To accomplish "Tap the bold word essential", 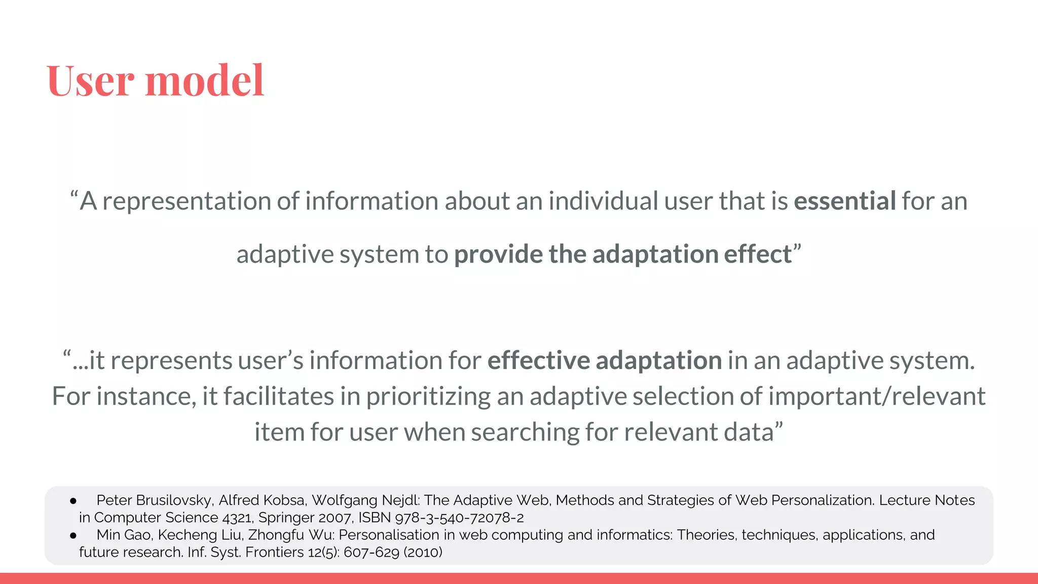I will click(844, 201).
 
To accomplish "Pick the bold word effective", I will click(539, 360).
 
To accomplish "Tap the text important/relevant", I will click(877, 396).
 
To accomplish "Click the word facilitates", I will click(279, 396).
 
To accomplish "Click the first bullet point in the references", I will click(73, 501).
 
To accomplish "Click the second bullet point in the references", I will click(73, 535).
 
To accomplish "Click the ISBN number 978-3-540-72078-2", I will click(459, 518).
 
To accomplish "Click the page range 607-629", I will click(371, 552).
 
